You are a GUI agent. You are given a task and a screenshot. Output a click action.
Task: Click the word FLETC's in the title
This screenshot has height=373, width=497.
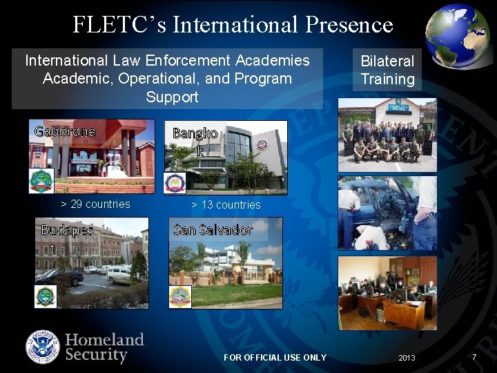click(119, 25)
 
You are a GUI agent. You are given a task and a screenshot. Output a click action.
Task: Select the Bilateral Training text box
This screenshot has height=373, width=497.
click(387, 70)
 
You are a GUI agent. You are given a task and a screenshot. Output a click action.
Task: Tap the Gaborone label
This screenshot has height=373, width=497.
click(65, 131)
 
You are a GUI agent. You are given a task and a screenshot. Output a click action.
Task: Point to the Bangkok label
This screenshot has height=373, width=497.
click(195, 142)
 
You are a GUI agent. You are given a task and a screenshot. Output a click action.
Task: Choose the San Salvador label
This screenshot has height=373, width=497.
click(213, 229)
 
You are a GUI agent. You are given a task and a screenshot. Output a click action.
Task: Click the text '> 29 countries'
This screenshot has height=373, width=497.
click(95, 204)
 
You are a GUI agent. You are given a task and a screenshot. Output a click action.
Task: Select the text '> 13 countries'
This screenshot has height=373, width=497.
click(226, 204)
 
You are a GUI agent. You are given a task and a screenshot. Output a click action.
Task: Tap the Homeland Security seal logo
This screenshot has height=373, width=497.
click(43, 347)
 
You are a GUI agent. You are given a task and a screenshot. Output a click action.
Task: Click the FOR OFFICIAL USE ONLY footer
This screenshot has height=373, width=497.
click(275, 357)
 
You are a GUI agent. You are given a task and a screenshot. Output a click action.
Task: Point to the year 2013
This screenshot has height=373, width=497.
click(407, 357)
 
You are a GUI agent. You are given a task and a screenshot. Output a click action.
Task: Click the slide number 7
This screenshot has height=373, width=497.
click(474, 356)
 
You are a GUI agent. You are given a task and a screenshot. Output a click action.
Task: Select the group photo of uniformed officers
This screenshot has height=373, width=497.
click(387, 135)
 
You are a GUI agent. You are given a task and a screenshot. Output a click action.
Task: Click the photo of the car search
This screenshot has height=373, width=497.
click(387, 213)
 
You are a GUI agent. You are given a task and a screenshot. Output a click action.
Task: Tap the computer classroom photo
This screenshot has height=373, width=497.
click(387, 292)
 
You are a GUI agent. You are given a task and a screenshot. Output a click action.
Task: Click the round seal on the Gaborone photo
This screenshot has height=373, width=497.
click(41, 180)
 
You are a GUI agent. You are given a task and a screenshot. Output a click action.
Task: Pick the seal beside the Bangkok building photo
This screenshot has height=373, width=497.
click(175, 182)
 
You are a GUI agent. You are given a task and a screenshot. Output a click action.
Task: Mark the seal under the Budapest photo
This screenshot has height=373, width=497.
click(46, 296)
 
